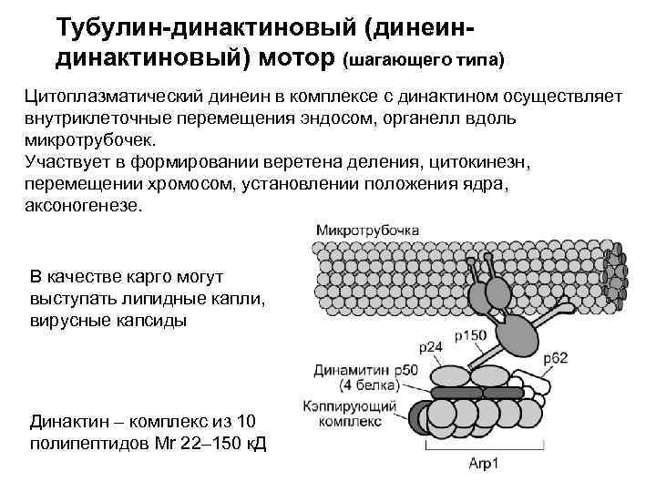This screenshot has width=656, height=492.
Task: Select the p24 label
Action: tap(433, 348)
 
